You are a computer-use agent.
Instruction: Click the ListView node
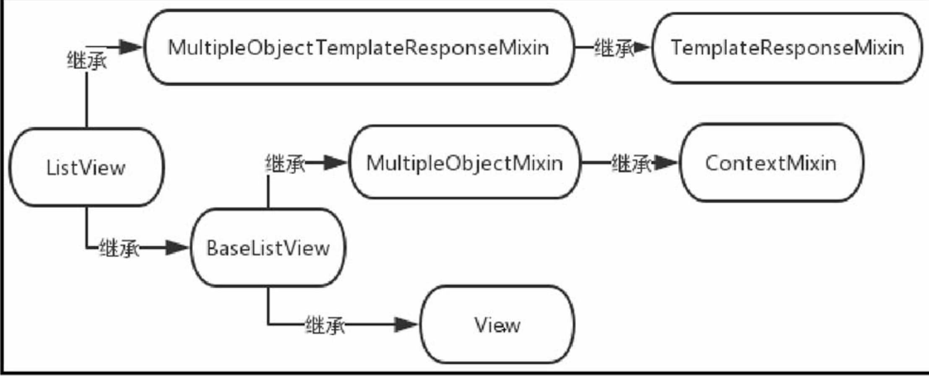coord(86,167)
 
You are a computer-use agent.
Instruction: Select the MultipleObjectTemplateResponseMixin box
coord(359,47)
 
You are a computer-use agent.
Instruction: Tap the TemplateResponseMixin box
coord(787,47)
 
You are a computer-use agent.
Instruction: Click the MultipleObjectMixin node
coord(464,163)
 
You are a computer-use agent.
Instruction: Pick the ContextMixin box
coord(771,163)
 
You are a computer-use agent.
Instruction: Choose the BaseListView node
coord(268,248)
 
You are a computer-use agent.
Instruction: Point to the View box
coord(497,325)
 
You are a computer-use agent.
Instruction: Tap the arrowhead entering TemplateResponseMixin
coord(642,47)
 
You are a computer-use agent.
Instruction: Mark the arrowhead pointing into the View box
coord(405,324)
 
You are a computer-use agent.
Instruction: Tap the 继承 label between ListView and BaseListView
coord(119,248)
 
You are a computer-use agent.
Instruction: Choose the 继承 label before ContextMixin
coord(631,164)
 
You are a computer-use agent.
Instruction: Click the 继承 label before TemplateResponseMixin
coord(613,48)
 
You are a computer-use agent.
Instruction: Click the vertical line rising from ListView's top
coord(87,101)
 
